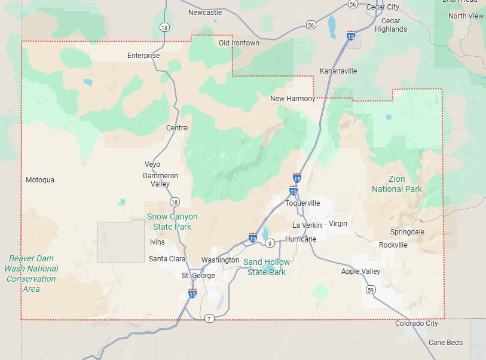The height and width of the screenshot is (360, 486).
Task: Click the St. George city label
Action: (x=198, y=276)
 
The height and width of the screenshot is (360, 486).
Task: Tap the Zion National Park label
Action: (x=396, y=184)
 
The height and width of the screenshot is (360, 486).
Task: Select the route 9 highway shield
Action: (x=270, y=243)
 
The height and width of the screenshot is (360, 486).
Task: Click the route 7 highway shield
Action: (x=209, y=318)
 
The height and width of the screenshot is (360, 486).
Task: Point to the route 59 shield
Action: (x=371, y=289)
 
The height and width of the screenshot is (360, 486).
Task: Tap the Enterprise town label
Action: (x=143, y=56)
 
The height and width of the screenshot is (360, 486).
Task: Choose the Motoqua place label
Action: (x=40, y=180)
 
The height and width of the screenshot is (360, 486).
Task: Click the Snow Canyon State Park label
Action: (x=172, y=221)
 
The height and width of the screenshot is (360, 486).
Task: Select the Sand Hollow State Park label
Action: (x=267, y=267)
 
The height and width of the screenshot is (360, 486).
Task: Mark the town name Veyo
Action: (x=152, y=164)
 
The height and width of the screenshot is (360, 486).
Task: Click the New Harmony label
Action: (x=292, y=99)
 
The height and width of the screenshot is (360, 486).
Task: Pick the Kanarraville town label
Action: (x=338, y=71)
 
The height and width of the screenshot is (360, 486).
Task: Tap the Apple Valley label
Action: (x=360, y=271)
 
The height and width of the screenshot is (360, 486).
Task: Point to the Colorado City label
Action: (x=416, y=324)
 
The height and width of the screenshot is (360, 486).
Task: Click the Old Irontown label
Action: (x=239, y=43)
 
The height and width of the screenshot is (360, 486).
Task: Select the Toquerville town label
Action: (x=302, y=203)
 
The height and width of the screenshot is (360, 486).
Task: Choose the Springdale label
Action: (x=407, y=232)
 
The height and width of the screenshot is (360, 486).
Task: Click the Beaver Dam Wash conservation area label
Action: (x=31, y=274)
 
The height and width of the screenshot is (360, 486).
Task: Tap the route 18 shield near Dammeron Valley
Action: (x=174, y=202)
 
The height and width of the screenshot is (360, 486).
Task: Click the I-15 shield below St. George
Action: (x=192, y=294)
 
